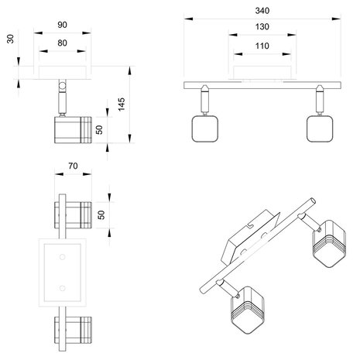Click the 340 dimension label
coord(262,11)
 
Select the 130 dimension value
coord(262,26)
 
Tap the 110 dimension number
coord(262,46)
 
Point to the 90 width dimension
coord(62,25)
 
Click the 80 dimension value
coord(62,43)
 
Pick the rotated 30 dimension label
coord(10,39)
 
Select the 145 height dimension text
coord(122,105)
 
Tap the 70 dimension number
coord(73,166)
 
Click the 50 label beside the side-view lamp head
coord(99,130)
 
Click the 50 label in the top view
coord(101,215)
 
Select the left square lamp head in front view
coord(205,129)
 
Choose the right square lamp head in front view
coord(320,129)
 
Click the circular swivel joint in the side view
coord(62,85)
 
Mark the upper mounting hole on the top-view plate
coord(62,257)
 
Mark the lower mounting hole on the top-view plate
coord(62,288)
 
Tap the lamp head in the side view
coord(73,130)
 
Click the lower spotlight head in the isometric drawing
coord(248,310)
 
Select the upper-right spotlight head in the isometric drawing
coord(329,244)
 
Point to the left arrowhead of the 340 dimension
coord(188,19)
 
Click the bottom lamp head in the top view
coord(73,330)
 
